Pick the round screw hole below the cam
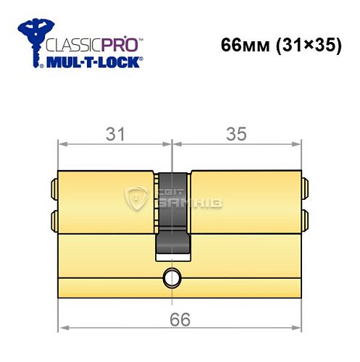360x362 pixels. [172, 277]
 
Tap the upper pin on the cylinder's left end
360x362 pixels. [54, 189]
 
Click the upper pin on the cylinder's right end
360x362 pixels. [305, 189]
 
